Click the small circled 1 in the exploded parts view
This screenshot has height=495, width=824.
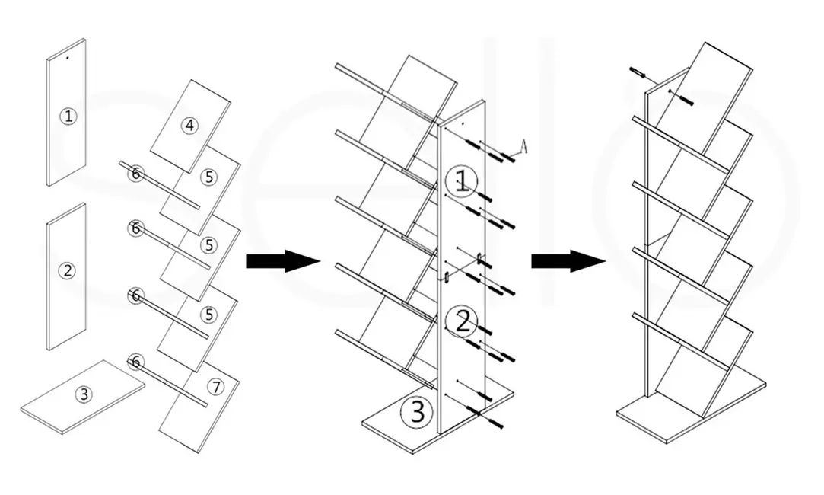pos(69,117)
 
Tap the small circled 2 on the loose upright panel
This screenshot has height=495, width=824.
pos(68,270)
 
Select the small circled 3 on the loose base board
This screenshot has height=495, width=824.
pos(84,394)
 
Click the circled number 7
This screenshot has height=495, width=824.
pos(218,387)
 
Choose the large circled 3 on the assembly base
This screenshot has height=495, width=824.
pos(417,411)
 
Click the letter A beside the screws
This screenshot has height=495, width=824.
pos(523,145)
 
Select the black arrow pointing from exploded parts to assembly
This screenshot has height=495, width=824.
pos(282,261)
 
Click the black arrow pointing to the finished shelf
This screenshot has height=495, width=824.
pos(568,261)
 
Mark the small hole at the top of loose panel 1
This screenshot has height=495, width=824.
pos(67,57)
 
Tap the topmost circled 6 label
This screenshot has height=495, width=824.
pos(135,174)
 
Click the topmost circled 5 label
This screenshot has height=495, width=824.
pos(208,177)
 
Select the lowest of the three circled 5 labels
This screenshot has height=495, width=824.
pos(208,314)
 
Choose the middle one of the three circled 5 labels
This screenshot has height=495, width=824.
pos(208,245)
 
